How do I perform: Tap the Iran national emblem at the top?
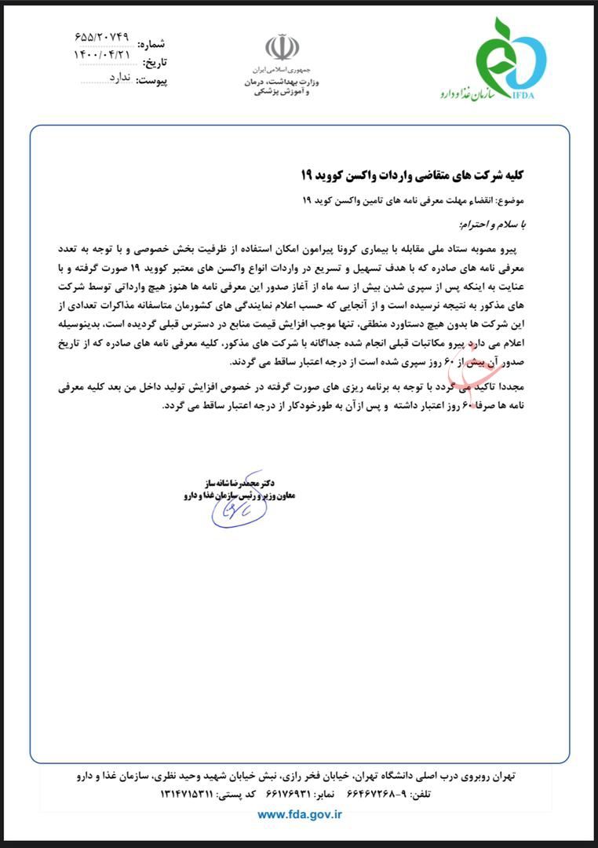(282, 48)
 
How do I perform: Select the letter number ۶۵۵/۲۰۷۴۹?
(102, 37)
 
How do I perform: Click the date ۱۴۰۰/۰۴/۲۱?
(102, 56)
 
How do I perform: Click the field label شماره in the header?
(152, 45)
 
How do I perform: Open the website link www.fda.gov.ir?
(300, 814)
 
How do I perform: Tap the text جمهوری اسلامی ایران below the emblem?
(282, 70)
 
